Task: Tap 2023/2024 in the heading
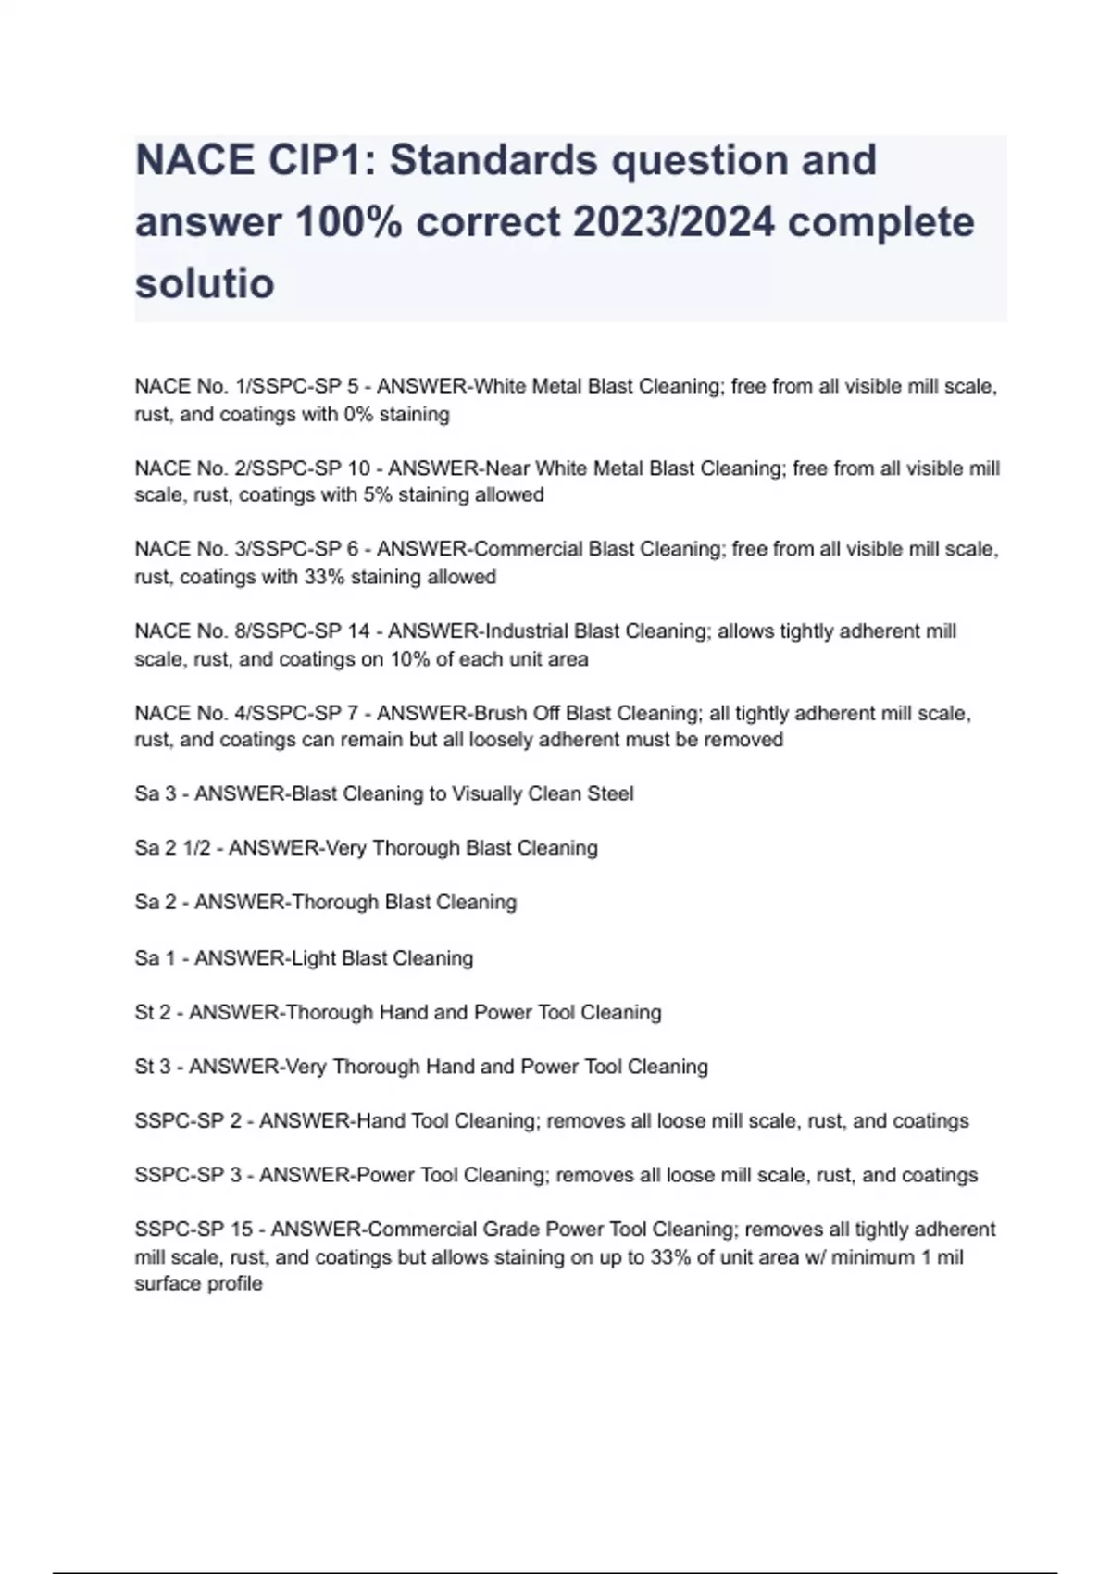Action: coord(674,222)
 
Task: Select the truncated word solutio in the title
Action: coord(205,283)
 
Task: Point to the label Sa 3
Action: coord(155,794)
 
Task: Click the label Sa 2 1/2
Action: coord(172,848)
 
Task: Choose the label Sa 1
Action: coord(155,958)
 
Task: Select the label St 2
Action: coord(153,1012)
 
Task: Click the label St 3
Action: coord(153,1067)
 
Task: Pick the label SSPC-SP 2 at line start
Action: coord(188,1121)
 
